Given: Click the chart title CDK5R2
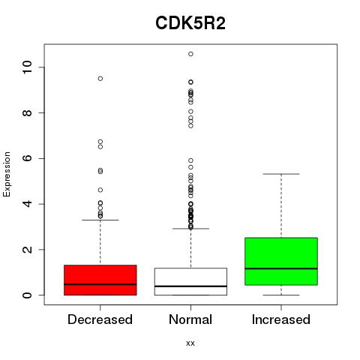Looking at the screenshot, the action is (x=190, y=23).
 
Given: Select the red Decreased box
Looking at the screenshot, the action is (x=100, y=280).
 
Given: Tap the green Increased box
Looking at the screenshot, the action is (x=281, y=261).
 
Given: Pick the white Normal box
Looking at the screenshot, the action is (x=190, y=282).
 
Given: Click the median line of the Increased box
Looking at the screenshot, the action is (x=281, y=268).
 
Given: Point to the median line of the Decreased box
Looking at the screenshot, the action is (x=100, y=284).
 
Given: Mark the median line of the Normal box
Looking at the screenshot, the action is (x=190, y=286).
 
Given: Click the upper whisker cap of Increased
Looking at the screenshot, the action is (x=281, y=174).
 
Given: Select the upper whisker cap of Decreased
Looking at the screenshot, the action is (x=100, y=220).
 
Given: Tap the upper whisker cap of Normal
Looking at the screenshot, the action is (x=190, y=229).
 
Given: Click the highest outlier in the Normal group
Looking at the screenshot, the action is (x=190, y=54).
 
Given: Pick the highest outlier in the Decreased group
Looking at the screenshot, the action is (x=100, y=79).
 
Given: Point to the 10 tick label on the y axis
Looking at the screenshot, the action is (x=27, y=67).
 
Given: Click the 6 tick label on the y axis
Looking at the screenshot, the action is (x=27, y=158).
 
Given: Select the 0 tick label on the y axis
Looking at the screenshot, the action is (x=27, y=295).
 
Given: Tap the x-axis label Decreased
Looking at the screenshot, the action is (x=100, y=319).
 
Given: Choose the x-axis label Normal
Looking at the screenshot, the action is (x=190, y=319).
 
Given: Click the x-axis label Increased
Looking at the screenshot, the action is (x=281, y=319).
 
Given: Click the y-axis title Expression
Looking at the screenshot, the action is (x=7, y=174).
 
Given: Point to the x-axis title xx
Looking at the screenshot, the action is (x=190, y=343).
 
